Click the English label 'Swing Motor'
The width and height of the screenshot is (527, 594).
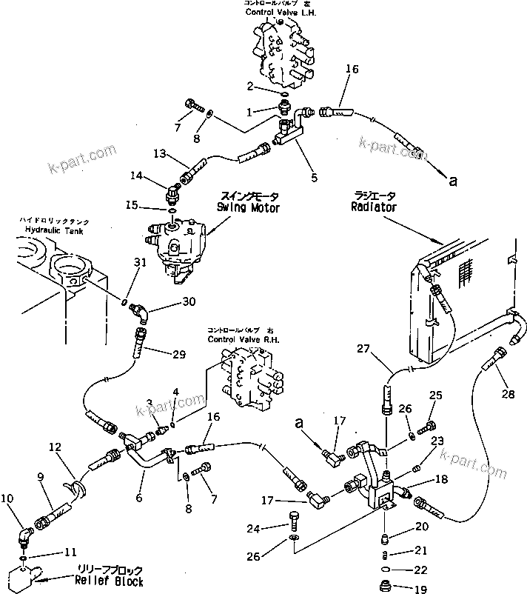point(248,208)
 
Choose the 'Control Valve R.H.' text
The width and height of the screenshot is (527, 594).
point(235,339)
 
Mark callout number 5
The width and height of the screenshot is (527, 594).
point(314,178)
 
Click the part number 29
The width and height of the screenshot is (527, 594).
point(178,355)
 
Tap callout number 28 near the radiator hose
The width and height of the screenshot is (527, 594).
point(508,394)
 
